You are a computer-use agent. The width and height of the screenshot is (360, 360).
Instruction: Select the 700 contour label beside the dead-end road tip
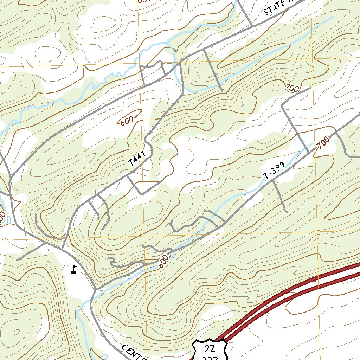(292, 88)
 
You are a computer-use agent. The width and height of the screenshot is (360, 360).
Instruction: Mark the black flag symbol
(74, 269)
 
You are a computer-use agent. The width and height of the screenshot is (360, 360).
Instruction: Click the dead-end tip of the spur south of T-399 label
(287, 212)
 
